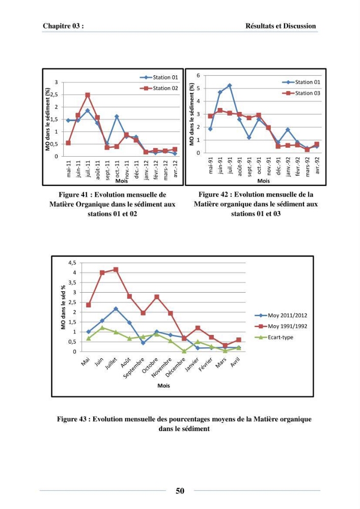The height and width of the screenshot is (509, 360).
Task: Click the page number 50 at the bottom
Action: (x=180, y=491)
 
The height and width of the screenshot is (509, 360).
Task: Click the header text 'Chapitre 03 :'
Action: (x=63, y=26)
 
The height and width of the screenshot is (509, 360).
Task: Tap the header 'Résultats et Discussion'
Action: (x=281, y=26)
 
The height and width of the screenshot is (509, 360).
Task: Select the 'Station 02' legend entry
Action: (x=159, y=88)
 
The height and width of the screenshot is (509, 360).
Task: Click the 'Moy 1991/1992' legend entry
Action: (x=281, y=326)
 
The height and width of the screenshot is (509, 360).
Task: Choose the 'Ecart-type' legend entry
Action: (x=274, y=337)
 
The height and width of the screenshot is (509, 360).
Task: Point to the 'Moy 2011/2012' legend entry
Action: (x=281, y=315)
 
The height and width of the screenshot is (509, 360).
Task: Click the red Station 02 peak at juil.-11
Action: (x=88, y=95)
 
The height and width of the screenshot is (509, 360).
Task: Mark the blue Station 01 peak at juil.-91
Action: (x=230, y=86)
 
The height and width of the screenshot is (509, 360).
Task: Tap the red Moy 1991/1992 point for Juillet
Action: (x=116, y=269)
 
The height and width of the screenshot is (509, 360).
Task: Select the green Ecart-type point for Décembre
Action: (x=184, y=351)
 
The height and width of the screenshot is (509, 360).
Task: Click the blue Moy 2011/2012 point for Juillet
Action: (x=116, y=309)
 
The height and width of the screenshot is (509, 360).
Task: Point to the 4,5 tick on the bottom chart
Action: (x=72, y=263)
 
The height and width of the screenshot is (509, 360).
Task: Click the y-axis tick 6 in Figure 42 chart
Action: (x=198, y=75)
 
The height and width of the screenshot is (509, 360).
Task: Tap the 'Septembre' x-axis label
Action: (x=134, y=368)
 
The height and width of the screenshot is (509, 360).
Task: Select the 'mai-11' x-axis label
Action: (x=69, y=169)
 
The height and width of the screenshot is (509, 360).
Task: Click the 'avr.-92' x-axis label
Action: (x=317, y=165)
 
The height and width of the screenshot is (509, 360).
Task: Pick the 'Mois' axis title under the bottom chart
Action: (x=163, y=386)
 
